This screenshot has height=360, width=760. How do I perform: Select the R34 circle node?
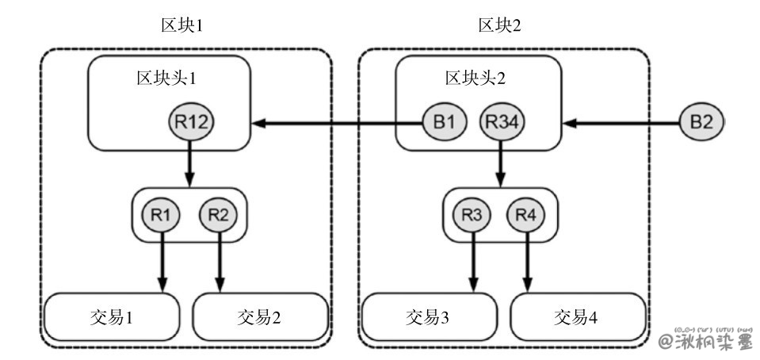500,123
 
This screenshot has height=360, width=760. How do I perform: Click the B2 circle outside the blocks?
700,123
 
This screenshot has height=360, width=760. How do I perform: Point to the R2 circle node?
220,213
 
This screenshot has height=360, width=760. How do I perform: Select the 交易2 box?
259,318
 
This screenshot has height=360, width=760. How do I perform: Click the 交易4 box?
576,318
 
